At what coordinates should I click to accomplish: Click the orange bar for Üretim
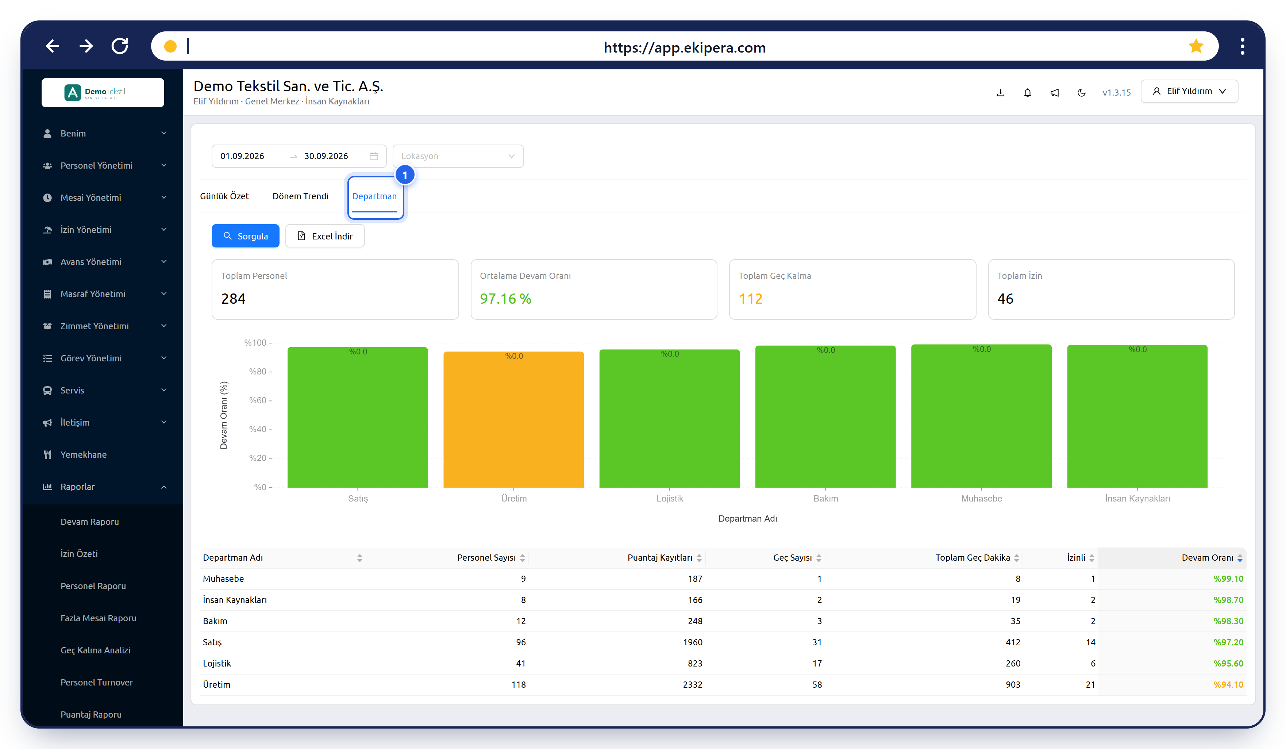513,419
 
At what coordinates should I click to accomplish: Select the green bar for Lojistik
670,418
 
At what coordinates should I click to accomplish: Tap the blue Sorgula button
246,236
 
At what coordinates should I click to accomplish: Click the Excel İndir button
325,236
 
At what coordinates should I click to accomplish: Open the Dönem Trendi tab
301,196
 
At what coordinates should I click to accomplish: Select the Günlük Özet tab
224,196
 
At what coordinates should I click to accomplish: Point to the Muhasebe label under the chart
981,498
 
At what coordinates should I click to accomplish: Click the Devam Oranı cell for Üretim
1228,685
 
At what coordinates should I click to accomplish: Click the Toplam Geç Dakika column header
973,557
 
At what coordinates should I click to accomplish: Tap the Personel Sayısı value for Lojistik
520,663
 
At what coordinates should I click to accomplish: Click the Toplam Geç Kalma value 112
751,299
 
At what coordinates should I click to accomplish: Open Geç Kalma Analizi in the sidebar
96,650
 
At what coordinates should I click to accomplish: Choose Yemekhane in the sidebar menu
84,454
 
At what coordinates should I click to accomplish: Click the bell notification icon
1027,92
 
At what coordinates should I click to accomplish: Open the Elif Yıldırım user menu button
1189,91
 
